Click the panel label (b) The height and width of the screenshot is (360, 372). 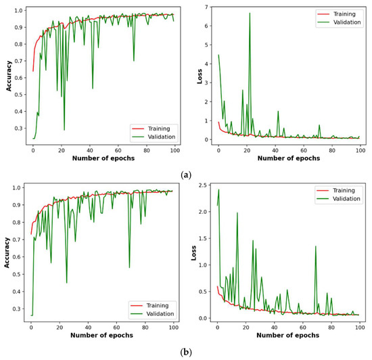pyautogui.click(x=185, y=353)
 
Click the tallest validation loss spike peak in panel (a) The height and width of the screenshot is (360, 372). pyautogui.click(x=250, y=13)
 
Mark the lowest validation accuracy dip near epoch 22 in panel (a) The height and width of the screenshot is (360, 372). pyautogui.click(x=64, y=130)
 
